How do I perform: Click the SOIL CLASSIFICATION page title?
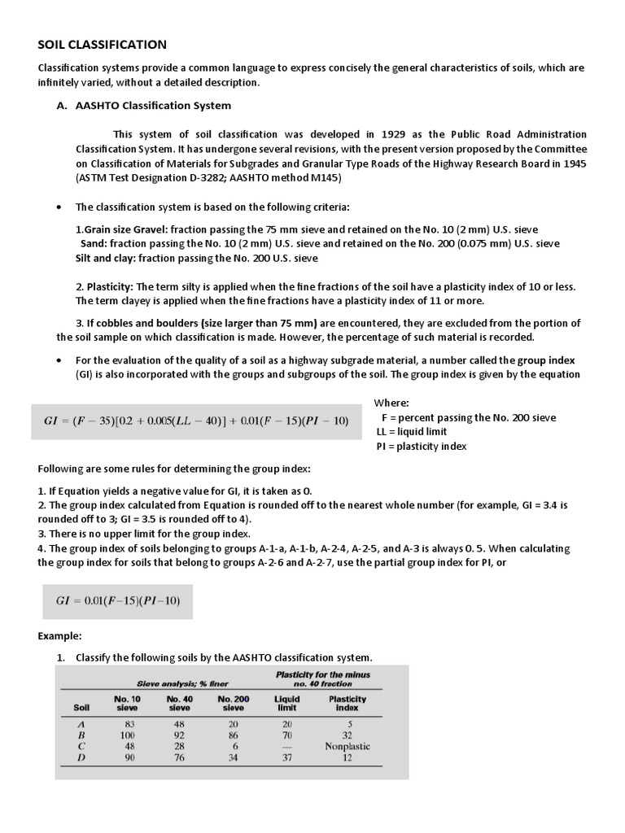pos(103,44)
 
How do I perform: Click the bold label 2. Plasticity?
pos(104,286)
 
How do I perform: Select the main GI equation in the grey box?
pos(196,421)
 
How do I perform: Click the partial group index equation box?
pos(117,600)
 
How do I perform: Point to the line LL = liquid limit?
pos(412,432)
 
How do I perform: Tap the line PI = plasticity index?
pos(422,447)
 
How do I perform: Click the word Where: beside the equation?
pos(391,403)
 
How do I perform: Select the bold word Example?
pos(60,635)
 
